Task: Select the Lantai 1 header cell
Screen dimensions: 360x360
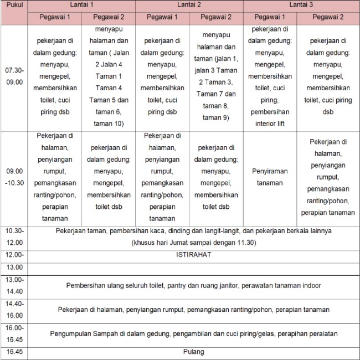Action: click(81, 5)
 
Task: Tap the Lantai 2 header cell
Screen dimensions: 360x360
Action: click(189, 5)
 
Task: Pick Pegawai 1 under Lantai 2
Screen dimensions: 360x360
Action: click(162, 17)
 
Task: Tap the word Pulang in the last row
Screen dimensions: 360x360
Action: click(193, 351)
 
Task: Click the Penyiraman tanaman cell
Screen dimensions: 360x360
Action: click(270, 177)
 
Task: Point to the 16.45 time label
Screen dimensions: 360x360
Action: click(14, 351)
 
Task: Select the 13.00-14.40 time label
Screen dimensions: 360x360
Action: click(14, 285)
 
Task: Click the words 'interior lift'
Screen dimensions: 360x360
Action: click(270, 124)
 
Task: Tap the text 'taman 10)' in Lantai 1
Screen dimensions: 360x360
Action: click(109, 123)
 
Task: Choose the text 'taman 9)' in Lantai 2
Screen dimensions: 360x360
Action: click(216, 117)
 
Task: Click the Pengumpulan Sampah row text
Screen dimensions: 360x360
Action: click(193, 334)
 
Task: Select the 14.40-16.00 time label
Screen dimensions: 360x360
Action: click(14, 309)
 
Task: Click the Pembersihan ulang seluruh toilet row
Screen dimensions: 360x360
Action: click(193, 285)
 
